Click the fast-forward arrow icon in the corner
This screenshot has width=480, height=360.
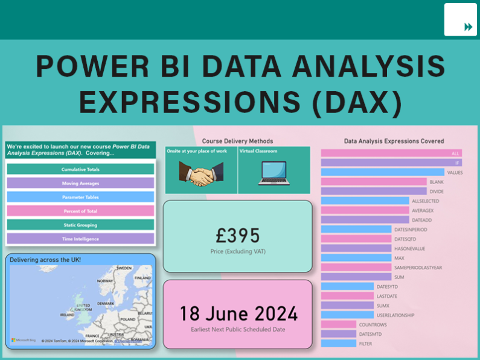[468, 27]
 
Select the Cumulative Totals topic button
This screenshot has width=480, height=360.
[80, 169]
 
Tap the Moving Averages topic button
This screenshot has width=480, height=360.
[80, 183]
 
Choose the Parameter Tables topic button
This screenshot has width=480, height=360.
[80, 197]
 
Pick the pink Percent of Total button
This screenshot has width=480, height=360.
[80, 211]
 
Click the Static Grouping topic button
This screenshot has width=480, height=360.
[80, 225]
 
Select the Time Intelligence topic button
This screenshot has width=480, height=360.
[80, 239]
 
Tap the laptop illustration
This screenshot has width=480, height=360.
[274, 174]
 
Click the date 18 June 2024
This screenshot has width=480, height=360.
[238, 314]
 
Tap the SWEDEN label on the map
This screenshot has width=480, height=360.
[124, 268]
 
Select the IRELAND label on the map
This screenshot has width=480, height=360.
[67, 315]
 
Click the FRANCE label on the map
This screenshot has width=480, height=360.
[92, 335]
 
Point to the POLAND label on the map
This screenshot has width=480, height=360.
[128, 319]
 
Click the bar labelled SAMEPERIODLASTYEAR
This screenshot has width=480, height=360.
[356, 268]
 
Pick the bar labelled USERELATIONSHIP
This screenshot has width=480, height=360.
[347, 315]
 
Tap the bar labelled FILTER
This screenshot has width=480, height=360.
[338, 344]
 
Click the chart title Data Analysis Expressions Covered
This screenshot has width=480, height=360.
[394, 141]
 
